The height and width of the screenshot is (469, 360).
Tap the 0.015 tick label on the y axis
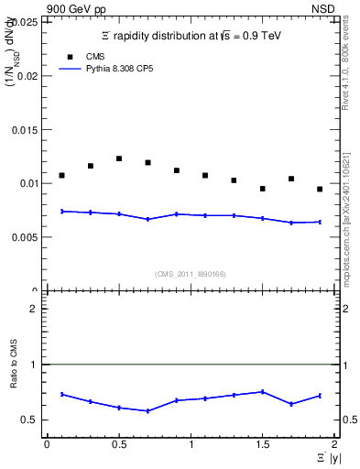tap(27, 129)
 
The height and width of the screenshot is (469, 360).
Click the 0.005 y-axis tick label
tap(27, 236)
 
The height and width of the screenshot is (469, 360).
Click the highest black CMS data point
tap(119, 158)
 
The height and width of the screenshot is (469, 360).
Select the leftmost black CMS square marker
tap(61, 175)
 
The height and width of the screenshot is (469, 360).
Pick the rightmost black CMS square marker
tap(320, 189)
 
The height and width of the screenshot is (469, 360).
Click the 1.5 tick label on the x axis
tap(263, 444)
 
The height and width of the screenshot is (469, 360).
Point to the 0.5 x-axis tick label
tap(118, 444)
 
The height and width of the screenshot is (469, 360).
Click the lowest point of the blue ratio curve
tap(147, 410)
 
